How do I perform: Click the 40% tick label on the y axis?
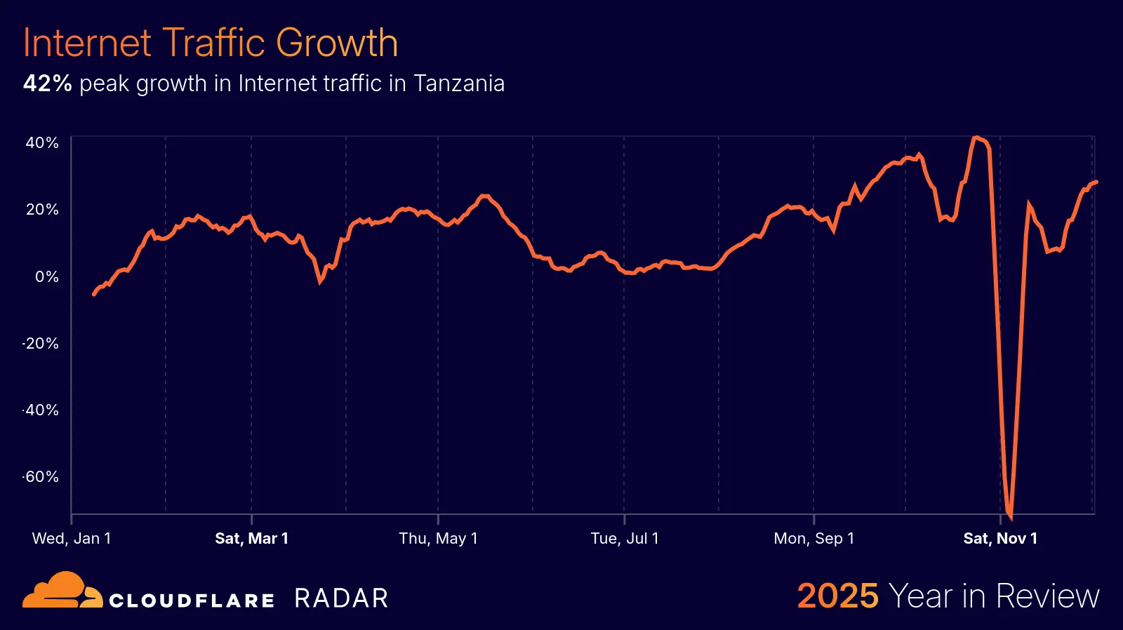coord(42,142)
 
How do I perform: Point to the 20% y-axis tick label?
coord(42,209)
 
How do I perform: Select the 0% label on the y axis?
coord(46,276)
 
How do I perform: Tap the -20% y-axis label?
coord(41,343)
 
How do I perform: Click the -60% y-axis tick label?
coord(41,477)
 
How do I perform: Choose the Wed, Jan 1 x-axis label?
coord(72,538)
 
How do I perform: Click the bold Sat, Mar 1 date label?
coord(251,538)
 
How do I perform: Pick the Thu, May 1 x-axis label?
coord(438,538)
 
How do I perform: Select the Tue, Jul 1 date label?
coord(625,538)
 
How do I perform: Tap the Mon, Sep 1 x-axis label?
coord(813,538)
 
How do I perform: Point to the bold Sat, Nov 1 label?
coord(1000,538)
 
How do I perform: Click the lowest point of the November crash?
coord(1010,518)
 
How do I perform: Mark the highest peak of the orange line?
coord(976,138)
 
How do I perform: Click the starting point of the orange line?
coord(94,295)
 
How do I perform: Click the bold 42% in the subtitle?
coord(47,83)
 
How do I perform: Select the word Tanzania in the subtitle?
coord(458,83)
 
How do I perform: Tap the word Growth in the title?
coord(336,43)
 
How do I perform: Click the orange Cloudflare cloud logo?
coord(62,591)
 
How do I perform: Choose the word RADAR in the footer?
coord(341,598)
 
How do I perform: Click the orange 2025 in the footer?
coord(837,596)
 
